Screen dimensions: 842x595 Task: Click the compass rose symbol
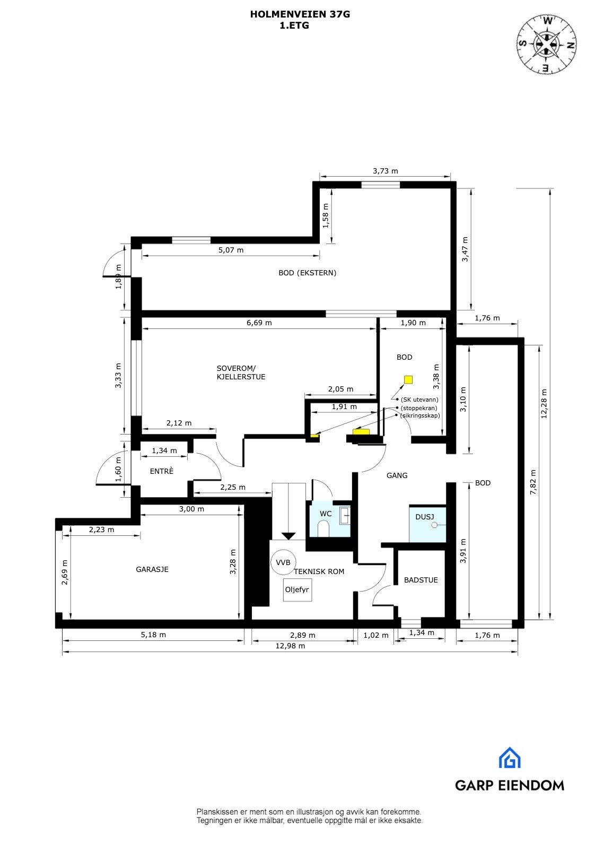coord(546,44)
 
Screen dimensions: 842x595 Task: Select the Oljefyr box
coord(297,589)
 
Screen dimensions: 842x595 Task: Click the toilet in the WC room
coord(322,528)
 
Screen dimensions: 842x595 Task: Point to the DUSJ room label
coord(424,516)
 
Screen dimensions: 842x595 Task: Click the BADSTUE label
coord(421,580)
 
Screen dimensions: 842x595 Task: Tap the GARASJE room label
coord(152,569)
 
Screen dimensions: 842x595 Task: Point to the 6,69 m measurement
coord(259,323)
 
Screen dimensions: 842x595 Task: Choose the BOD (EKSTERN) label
coord(307,273)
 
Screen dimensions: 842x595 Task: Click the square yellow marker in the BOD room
coord(408,379)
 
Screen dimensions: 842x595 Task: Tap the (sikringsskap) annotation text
coord(420,415)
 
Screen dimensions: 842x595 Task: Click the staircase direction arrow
coord(288,535)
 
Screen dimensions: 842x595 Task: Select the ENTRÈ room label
coord(161,471)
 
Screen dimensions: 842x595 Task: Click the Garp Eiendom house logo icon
coord(509,758)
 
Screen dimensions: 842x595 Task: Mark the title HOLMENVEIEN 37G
coord(300,15)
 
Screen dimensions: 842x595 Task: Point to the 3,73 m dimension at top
coord(385,171)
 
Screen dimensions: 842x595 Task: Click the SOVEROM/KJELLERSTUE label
coord(241,372)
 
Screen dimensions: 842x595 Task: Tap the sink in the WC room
coord(344,515)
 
